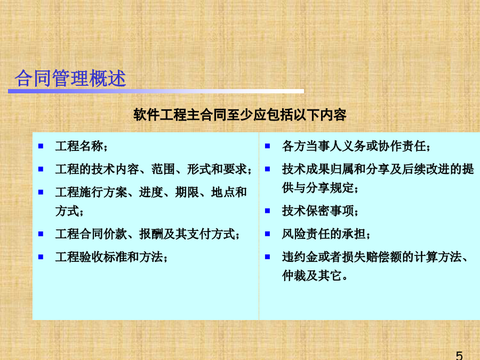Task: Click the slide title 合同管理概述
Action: pyautogui.click(x=70, y=78)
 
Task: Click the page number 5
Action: pyautogui.click(x=459, y=356)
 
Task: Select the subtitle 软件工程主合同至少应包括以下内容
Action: pyautogui.click(x=239, y=115)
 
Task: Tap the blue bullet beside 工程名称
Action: pyautogui.click(x=41, y=146)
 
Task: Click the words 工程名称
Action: pyautogui.click(x=79, y=146)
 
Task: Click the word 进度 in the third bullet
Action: pyautogui.click(x=150, y=192)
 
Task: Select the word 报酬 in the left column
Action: pyautogui.click(x=151, y=234)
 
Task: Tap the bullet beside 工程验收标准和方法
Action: pyautogui.click(x=41, y=257)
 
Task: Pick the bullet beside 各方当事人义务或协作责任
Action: pyautogui.click(x=268, y=146)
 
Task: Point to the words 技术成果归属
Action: pyautogui.click(x=318, y=169)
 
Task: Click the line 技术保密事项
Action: pyautogui.click(x=318, y=211)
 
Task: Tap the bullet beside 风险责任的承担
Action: pyautogui.click(x=268, y=234)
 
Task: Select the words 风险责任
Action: pyautogui.click(x=306, y=234)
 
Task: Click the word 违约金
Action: pyautogui.click(x=300, y=257)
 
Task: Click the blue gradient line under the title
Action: pyautogui.click(x=156, y=91)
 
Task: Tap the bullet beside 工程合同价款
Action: pyautogui.click(x=41, y=234)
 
